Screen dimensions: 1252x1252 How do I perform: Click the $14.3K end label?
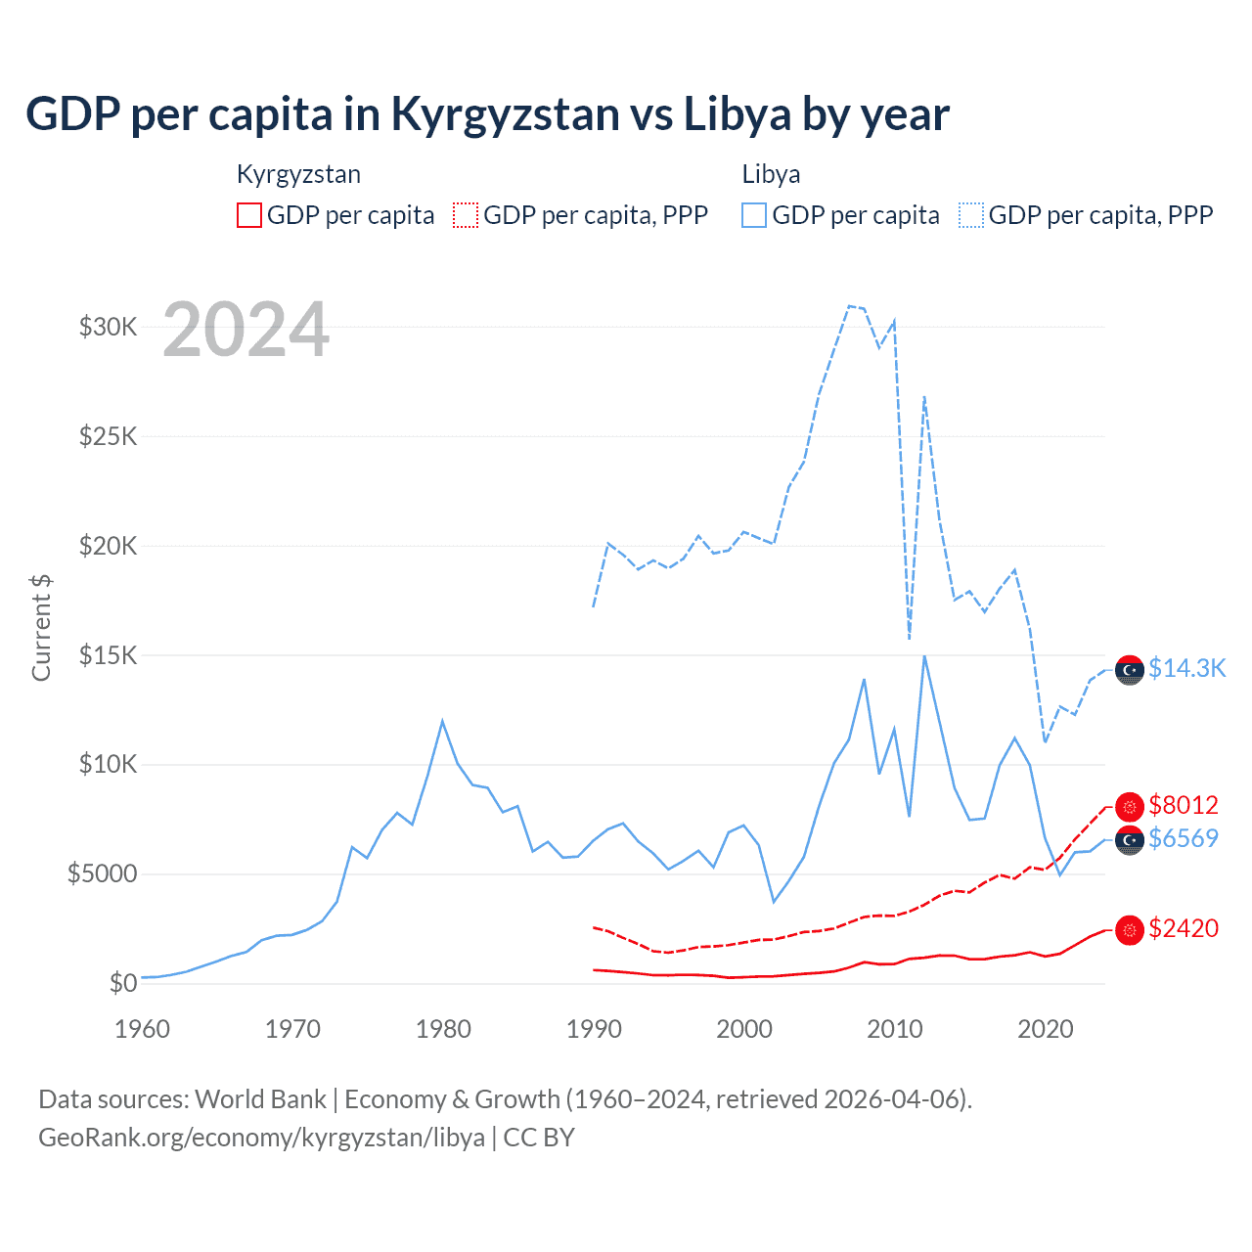(x=1186, y=668)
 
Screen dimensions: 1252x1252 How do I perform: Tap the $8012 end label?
(x=1184, y=805)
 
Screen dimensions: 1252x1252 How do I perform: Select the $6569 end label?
(x=1184, y=838)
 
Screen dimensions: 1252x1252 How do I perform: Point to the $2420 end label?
(x=1184, y=928)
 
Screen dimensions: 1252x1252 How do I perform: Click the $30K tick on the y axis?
(x=109, y=327)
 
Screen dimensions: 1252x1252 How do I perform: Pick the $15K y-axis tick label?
(x=109, y=655)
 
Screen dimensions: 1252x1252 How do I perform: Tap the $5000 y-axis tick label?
(x=103, y=873)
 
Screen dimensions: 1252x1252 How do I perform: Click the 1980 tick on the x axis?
(x=443, y=1029)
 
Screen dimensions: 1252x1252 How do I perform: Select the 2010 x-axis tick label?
(x=895, y=1029)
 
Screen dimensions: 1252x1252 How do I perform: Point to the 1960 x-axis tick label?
(x=142, y=1029)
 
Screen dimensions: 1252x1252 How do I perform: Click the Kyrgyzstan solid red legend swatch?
(x=249, y=215)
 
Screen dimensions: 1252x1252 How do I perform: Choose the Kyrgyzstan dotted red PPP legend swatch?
(x=466, y=215)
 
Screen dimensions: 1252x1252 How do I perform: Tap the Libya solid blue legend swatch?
(x=754, y=215)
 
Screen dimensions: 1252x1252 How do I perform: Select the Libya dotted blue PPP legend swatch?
(x=971, y=215)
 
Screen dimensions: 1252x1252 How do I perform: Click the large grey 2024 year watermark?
(x=246, y=330)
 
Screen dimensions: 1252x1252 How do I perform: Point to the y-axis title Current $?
(x=41, y=628)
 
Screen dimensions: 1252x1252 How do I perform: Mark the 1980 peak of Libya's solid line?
(x=442, y=722)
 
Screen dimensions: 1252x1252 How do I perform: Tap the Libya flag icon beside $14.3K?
(x=1130, y=670)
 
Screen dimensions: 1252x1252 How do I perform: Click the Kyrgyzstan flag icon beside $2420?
(x=1130, y=930)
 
